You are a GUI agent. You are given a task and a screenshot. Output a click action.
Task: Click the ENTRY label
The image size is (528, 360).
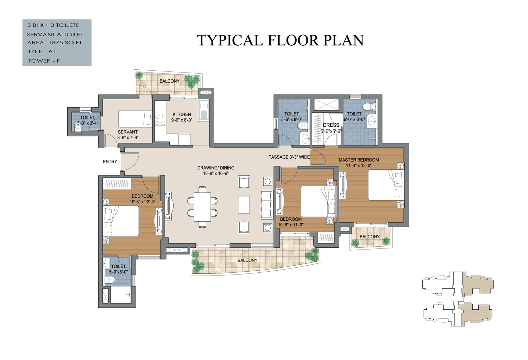110,162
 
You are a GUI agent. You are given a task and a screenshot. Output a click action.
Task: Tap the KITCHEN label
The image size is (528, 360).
182,114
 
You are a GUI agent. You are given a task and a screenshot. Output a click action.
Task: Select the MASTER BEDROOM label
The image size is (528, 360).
359,160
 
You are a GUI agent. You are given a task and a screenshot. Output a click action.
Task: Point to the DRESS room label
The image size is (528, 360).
331,125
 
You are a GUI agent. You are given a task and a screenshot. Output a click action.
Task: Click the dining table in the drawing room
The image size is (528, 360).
202,207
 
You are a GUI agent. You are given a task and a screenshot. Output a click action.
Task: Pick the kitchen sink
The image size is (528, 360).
203,111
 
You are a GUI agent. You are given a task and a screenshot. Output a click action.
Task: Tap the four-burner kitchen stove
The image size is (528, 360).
160,120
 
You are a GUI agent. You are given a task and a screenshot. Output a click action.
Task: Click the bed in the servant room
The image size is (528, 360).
135,119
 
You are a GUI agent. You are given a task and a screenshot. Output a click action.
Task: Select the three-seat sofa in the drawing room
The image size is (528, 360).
266,204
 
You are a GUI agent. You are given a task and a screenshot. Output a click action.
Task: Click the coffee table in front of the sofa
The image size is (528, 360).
244,204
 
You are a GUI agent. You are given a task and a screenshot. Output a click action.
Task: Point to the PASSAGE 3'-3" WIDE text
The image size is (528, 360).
289,157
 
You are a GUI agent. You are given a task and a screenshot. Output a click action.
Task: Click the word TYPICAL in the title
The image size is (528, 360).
230,40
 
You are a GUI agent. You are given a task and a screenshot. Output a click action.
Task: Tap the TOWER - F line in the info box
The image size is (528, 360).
44,61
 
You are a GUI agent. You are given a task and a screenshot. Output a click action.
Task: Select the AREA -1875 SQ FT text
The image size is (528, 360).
55,43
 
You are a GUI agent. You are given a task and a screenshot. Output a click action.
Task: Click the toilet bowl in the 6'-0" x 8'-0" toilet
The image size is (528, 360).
369,107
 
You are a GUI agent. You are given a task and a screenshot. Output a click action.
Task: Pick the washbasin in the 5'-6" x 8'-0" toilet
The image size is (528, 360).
305,139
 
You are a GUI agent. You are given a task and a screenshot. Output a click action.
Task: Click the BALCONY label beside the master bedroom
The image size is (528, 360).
369,236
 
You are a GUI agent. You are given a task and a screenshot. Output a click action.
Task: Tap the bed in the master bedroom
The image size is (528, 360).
386,185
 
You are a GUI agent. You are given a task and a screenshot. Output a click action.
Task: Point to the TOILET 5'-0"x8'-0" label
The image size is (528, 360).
118,269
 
